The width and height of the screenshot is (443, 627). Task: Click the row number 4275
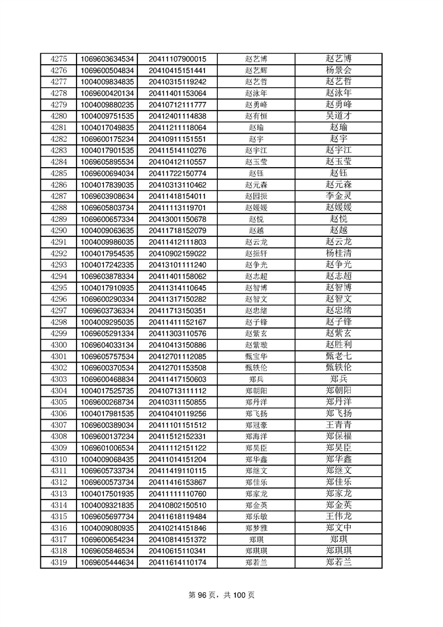[x=59, y=59]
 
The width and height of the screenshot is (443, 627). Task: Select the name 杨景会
[x=339, y=70]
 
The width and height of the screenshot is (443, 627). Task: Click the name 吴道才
[x=339, y=116]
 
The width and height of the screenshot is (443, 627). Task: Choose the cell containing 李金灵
[x=339, y=196]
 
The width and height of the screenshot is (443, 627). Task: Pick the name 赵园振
[x=256, y=196]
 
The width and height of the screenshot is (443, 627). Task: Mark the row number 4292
[x=59, y=253]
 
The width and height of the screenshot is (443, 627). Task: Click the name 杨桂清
[x=339, y=253]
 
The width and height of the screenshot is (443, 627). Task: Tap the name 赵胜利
[x=339, y=345]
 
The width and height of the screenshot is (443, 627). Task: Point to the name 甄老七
[x=339, y=356]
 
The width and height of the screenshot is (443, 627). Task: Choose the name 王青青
[x=339, y=425]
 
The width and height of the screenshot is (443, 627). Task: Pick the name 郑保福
[x=339, y=436]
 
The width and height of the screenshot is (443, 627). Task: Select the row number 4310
[x=59, y=459]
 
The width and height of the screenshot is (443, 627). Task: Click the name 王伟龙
[x=339, y=516]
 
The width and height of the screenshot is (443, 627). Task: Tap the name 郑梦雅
[x=256, y=528]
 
